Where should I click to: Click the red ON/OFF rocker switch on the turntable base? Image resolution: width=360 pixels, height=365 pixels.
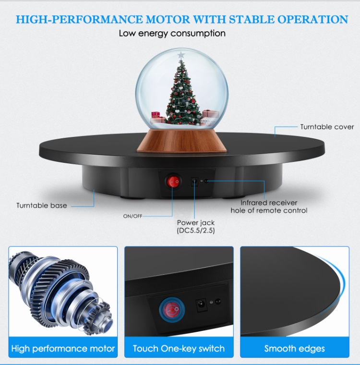click(x=173, y=181)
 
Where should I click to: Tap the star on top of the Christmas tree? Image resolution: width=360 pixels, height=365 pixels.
click(x=181, y=55)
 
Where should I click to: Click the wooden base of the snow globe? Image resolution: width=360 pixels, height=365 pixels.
click(x=182, y=141)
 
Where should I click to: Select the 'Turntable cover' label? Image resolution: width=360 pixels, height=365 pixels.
click(x=327, y=127)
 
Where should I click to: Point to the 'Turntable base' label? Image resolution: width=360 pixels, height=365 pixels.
click(x=42, y=206)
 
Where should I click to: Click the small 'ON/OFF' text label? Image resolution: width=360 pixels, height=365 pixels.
click(x=132, y=216)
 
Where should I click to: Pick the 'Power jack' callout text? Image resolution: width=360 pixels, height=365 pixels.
click(x=196, y=222)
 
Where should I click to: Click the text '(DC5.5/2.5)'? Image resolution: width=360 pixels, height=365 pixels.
click(x=196, y=231)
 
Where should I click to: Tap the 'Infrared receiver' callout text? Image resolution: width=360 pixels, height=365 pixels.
click(x=269, y=203)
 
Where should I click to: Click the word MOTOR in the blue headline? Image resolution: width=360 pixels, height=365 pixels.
click(x=168, y=19)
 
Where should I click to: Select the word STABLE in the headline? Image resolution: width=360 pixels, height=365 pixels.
click(x=252, y=19)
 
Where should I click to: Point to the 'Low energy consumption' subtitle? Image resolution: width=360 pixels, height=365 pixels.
click(x=172, y=33)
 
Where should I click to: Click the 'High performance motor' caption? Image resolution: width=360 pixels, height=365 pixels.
click(x=63, y=349)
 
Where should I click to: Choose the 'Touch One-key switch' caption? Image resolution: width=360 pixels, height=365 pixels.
click(x=179, y=349)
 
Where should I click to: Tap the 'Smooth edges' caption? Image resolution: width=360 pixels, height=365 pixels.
click(x=295, y=349)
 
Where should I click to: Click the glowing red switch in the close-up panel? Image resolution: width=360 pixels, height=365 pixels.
click(x=172, y=310)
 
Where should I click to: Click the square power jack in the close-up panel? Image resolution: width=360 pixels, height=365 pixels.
click(x=201, y=304)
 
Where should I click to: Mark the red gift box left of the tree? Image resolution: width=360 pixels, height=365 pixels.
click(x=156, y=114)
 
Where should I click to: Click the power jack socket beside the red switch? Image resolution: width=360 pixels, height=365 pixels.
click(x=194, y=182)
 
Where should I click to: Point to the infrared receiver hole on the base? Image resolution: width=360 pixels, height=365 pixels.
click(x=206, y=181)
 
